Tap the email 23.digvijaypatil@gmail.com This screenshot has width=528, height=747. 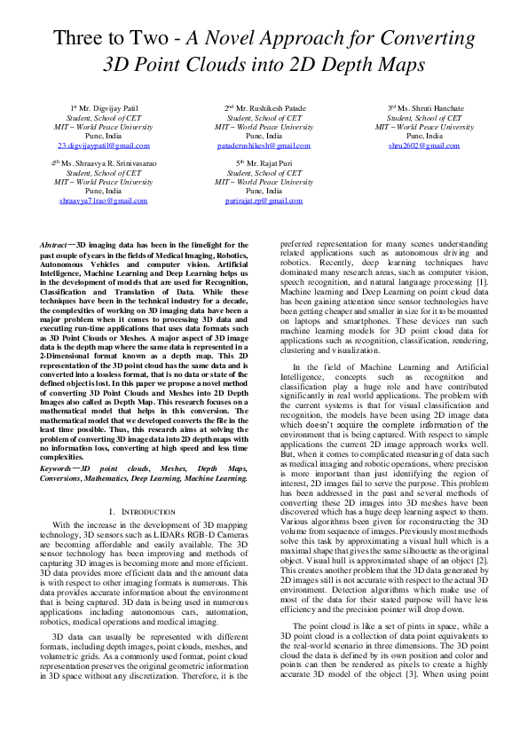(104, 145)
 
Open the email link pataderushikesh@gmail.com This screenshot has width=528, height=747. (264, 145)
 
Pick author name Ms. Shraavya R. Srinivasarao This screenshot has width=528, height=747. (103, 163)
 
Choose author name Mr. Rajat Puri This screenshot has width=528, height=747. (266, 163)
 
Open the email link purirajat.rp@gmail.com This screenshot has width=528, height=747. (264, 201)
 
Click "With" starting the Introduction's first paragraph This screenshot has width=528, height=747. (60, 526)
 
